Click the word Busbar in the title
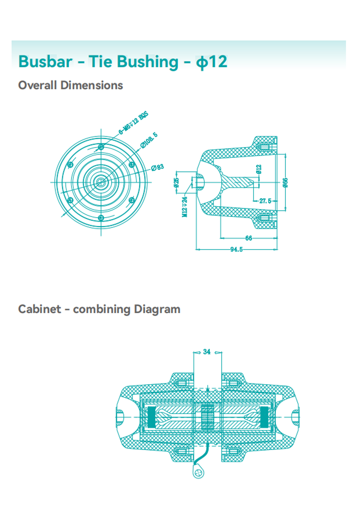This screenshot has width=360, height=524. [x=45, y=62]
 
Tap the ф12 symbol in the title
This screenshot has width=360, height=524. [x=211, y=62]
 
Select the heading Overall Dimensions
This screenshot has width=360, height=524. [x=70, y=85]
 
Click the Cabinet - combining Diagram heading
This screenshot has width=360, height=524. [x=99, y=309]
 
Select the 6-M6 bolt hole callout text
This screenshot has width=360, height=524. [x=134, y=123]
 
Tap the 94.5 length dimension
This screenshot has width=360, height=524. [x=236, y=250]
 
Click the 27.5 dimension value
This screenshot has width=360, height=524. [x=265, y=201]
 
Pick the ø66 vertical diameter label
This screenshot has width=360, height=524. [x=285, y=182]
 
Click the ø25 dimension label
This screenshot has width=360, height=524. [x=176, y=182]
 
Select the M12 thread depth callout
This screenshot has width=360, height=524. [x=185, y=207]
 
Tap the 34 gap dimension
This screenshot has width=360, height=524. [x=207, y=352]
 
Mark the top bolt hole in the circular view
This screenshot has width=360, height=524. [x=101, y=147]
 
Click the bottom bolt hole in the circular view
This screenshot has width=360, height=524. [x=101, y=218]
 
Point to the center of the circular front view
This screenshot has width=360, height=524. [x=101, y=182]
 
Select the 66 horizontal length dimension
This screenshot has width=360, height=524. [x=249, y=238]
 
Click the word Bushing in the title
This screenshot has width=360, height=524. [x=148, y=62]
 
